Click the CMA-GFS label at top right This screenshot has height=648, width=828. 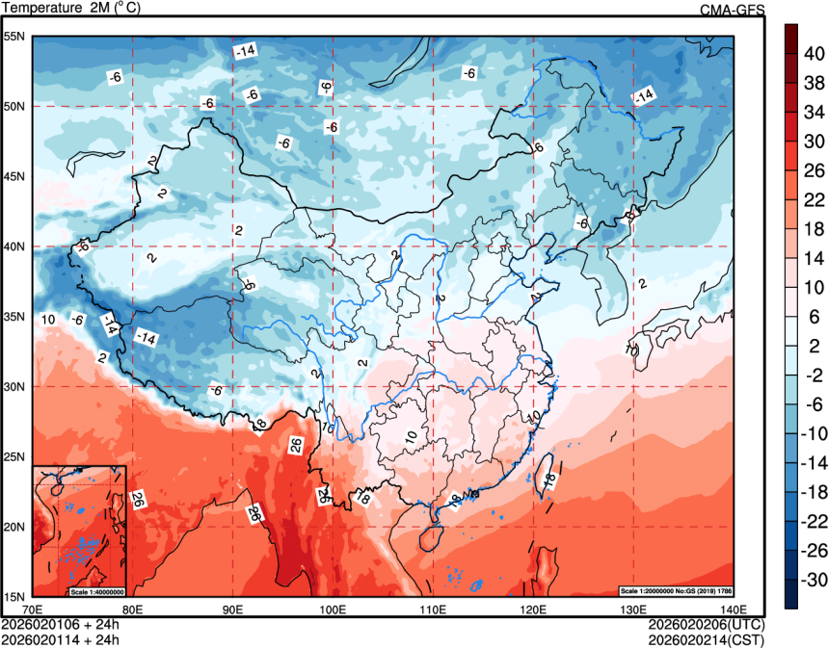[732, 9]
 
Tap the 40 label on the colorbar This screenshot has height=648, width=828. [815, 56]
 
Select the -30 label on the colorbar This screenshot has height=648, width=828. [815, 580]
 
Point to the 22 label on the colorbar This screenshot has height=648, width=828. [815, 199]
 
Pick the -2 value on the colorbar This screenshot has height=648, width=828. [815, 375]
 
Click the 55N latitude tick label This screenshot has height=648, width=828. [14, 37]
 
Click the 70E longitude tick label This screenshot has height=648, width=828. [33, 609]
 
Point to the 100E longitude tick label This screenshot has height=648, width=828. [333, 609]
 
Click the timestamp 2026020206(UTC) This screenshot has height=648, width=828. [708, 624]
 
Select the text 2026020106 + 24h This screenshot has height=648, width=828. [61, 624]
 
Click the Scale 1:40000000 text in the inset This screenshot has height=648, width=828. [97, 590]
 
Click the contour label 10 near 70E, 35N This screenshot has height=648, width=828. [47, 319]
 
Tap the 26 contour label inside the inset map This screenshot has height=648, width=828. [138, 500]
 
